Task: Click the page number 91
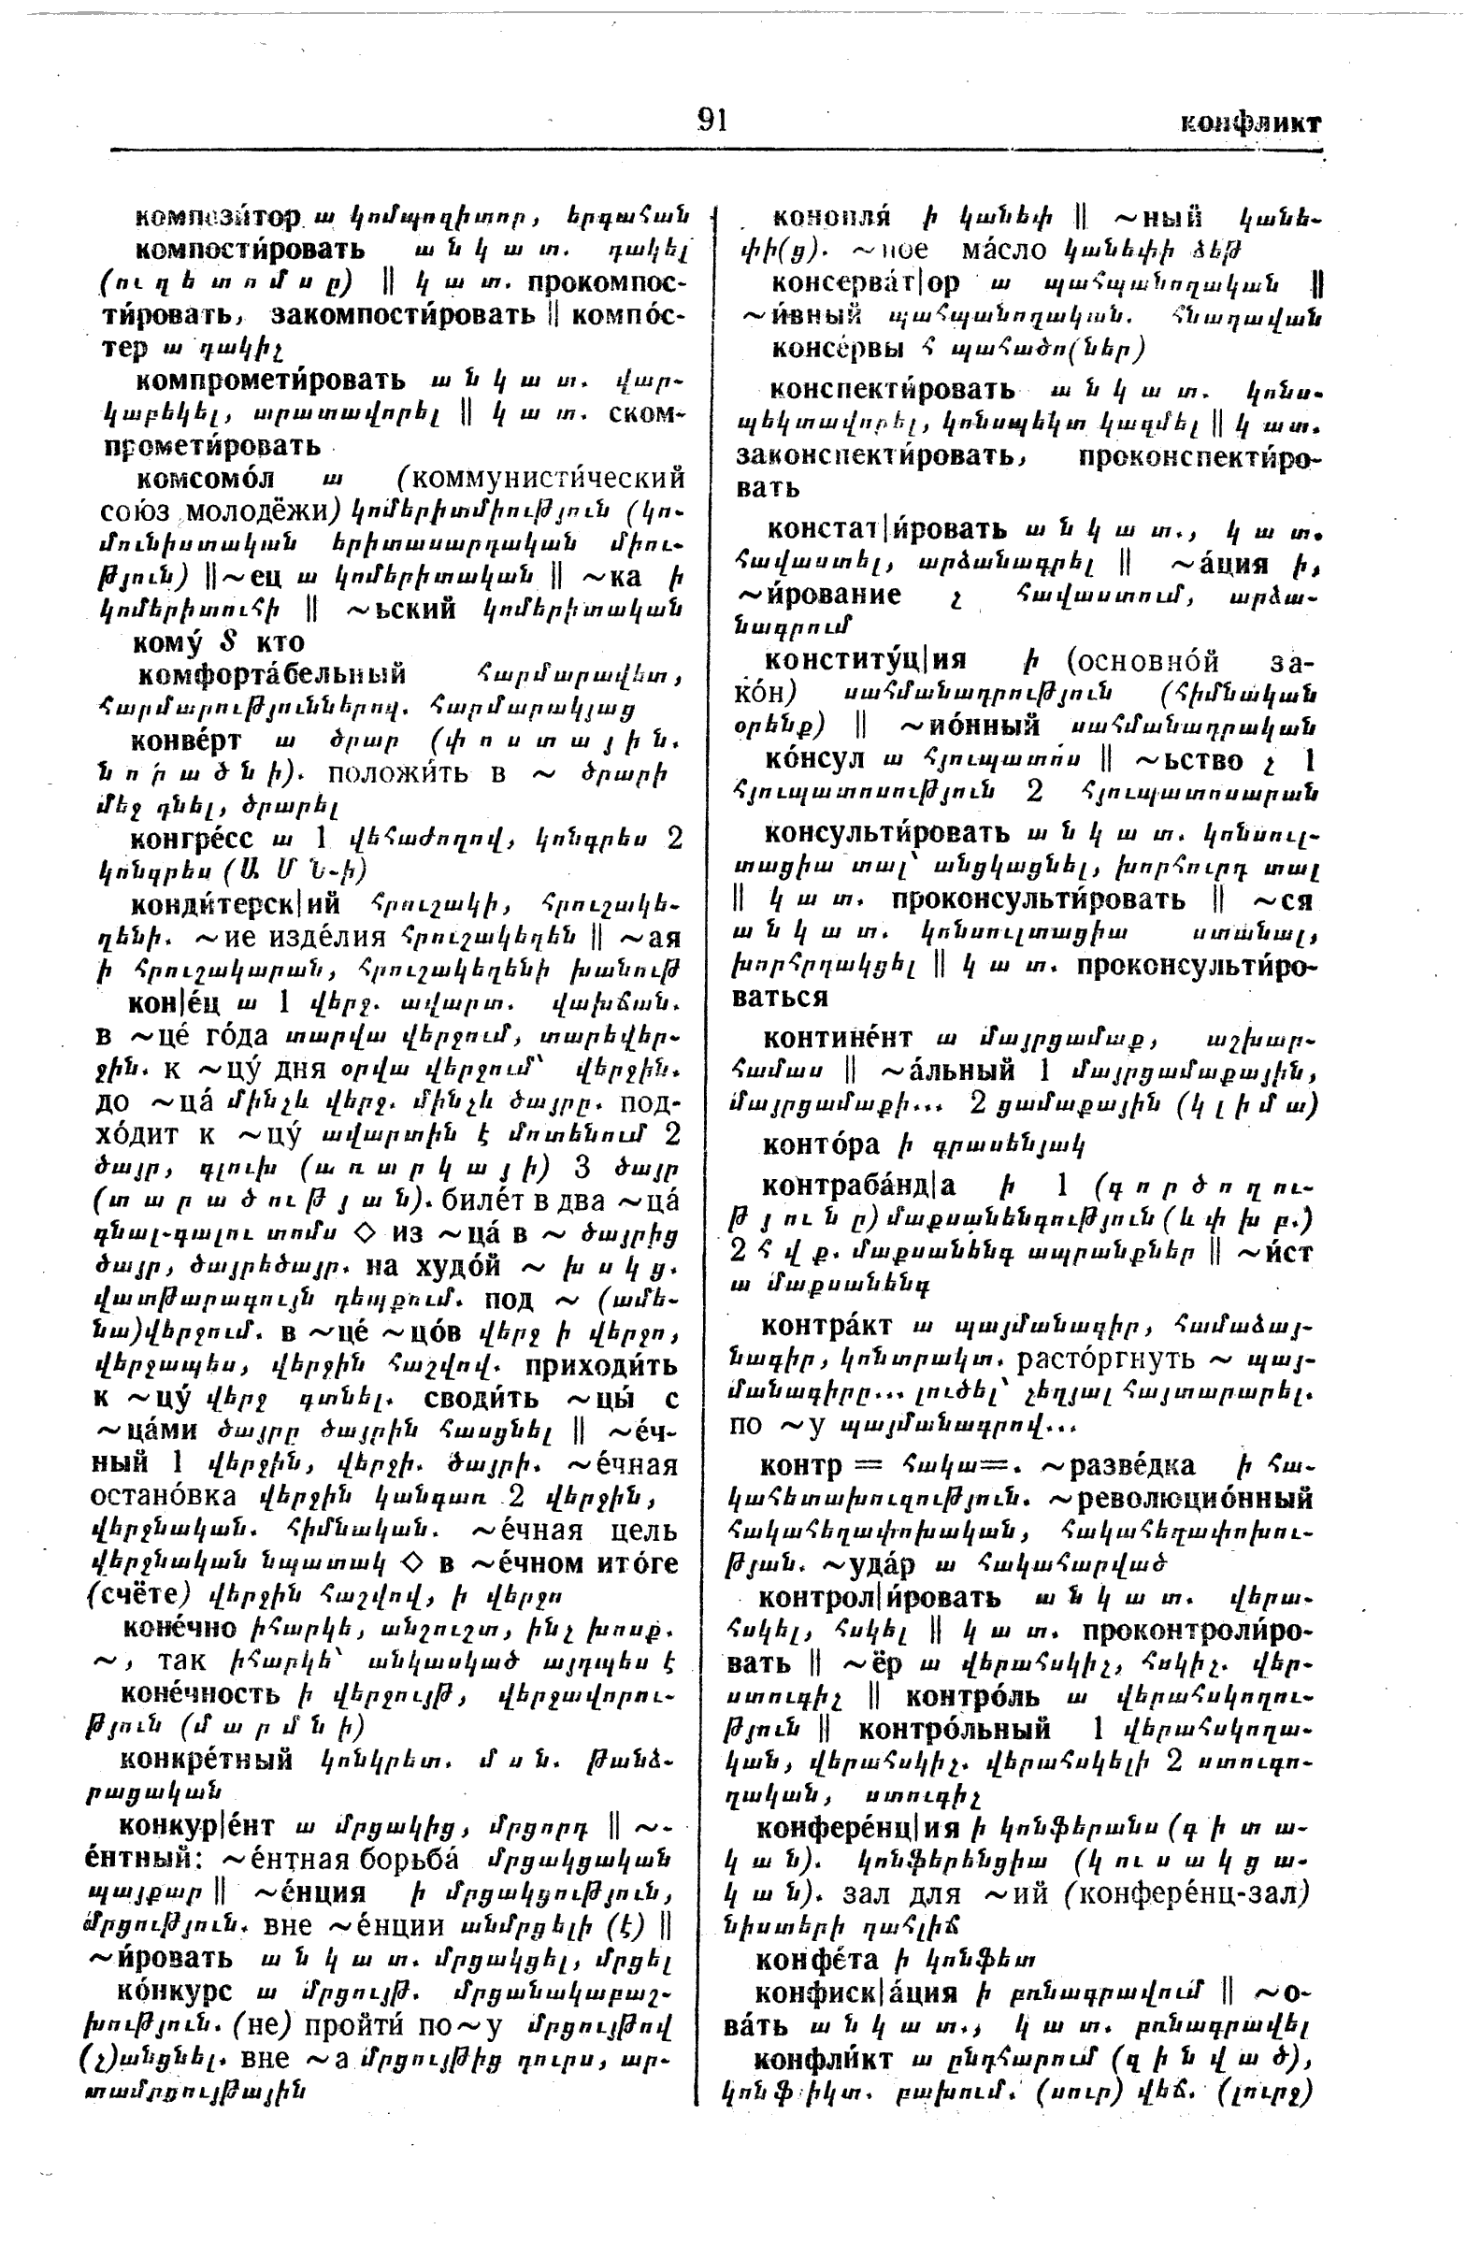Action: point(711,121)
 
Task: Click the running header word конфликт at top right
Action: point(1251,123)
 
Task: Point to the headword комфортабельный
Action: point(271,675)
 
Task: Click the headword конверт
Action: point(186,741)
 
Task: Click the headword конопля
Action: point(831,218)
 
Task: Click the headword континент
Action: point(837,1038)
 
